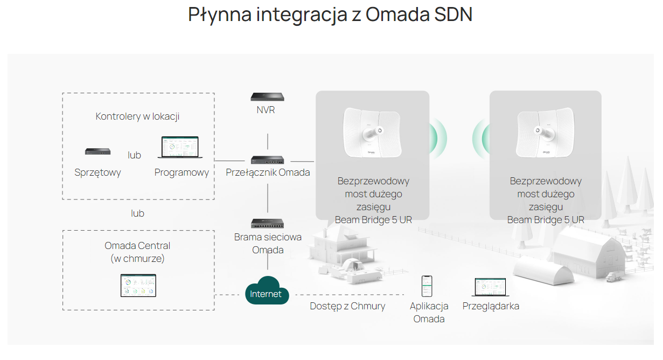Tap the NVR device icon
267,97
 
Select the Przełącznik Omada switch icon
267,160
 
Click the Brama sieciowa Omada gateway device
267,223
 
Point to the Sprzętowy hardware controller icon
98,152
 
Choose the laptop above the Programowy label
178,147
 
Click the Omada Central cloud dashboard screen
138,286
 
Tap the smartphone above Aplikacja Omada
427,286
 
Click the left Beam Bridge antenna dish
372,133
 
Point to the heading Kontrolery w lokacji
137,116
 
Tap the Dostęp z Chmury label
347,306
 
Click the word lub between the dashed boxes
137,213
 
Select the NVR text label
266,110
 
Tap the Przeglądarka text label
491,306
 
